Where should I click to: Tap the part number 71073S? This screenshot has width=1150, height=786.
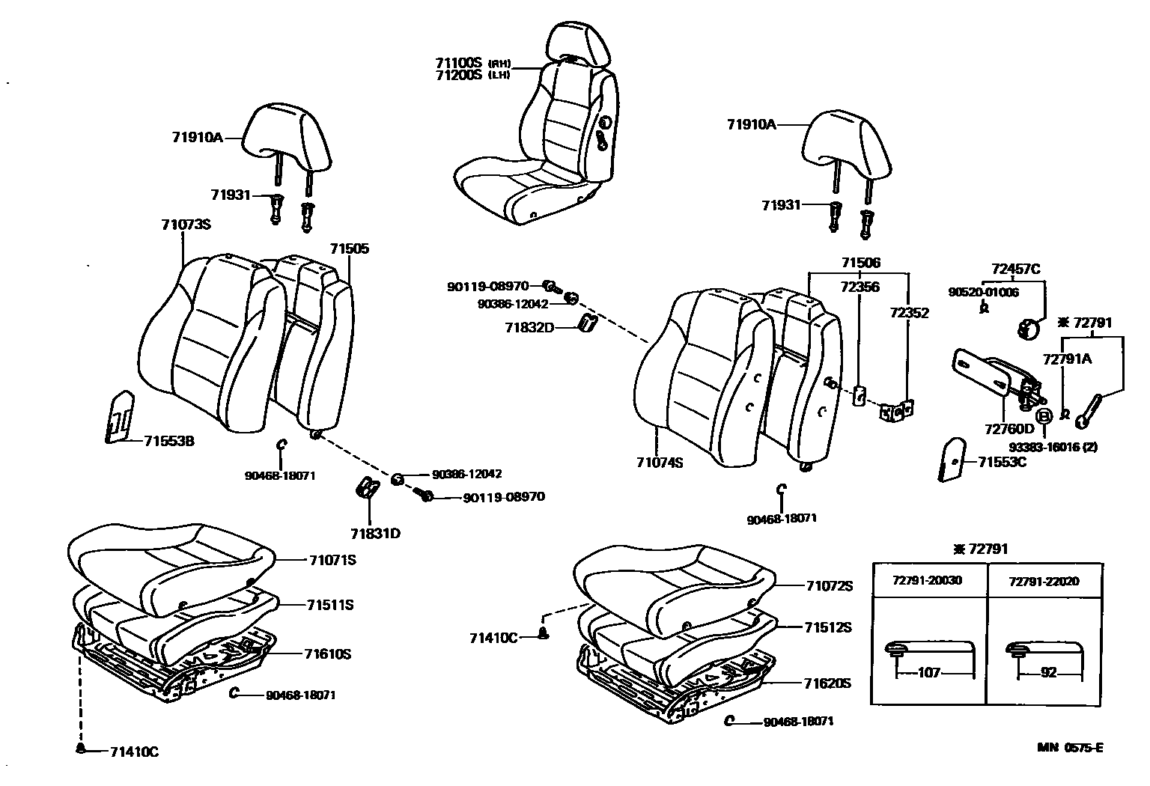pyautogui.click(x=186, y=225)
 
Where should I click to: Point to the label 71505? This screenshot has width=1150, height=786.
pyautogui.click(x=350, y=249)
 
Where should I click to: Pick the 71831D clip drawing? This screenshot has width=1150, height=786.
pyautogui.click(x=367, y=487)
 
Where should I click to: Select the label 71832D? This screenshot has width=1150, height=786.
pyautogui.click(x=529, y=327)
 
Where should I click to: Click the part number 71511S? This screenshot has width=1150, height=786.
pyautogui.click(x=329, y=605)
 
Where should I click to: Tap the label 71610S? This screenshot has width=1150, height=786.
pyautogui.click(x=328, y=654)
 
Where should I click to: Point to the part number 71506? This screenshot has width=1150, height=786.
pyautogui.click(x=860, y=263)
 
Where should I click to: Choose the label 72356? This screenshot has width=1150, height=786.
pyautogui.click(x=860, y=287)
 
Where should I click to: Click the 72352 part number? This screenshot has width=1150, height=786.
pyautogui.click(x=909, y=313)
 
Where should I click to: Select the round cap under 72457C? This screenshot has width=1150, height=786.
pyautogui.click(x=1026, y=328)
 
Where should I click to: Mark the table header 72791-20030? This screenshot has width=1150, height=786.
pyautogui.click(x=928, y=581)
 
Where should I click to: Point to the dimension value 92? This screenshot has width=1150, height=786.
pyautogui.click(x=1048, y=673)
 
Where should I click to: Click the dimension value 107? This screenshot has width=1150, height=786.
pyautogui.click(x=928, y=673)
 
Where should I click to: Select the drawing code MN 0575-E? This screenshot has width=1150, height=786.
pyautogui.click(x=1070, y=747)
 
